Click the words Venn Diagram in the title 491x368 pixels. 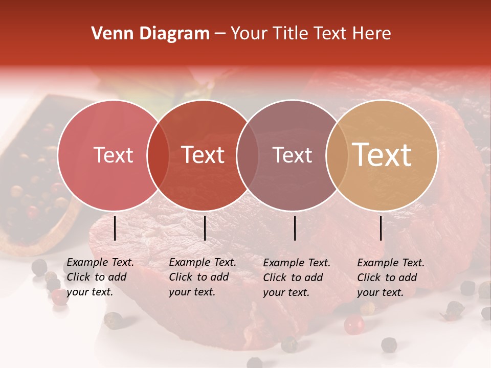150,34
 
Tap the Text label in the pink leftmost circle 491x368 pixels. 114,155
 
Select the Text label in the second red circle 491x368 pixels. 203,155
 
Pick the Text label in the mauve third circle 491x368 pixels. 292,155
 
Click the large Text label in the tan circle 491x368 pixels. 382,155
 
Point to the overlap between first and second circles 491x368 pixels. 158,155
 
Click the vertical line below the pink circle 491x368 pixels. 115,228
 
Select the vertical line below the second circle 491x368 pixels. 205,228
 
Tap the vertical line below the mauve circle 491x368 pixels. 295,228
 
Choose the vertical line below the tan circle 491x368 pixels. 381,228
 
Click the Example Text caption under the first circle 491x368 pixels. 100,277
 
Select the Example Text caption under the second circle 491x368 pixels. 203,277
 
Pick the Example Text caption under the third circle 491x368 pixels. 297,278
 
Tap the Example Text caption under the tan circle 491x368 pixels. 391,278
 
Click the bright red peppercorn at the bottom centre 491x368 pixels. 353,325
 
